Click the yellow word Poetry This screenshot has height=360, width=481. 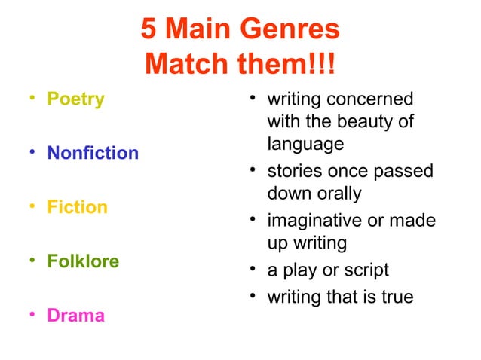click(75, 99)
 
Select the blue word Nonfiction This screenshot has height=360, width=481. click(93, 154)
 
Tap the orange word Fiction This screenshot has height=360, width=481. click(77, 207)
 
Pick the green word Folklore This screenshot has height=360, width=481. click(83, 261)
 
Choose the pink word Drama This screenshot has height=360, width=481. click(75, 315)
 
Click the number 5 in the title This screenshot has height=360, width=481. click(149, 30)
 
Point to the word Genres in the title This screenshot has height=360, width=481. click(290, 30)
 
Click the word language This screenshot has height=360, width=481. click(305, 143)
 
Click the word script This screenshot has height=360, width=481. click(365, 270)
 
